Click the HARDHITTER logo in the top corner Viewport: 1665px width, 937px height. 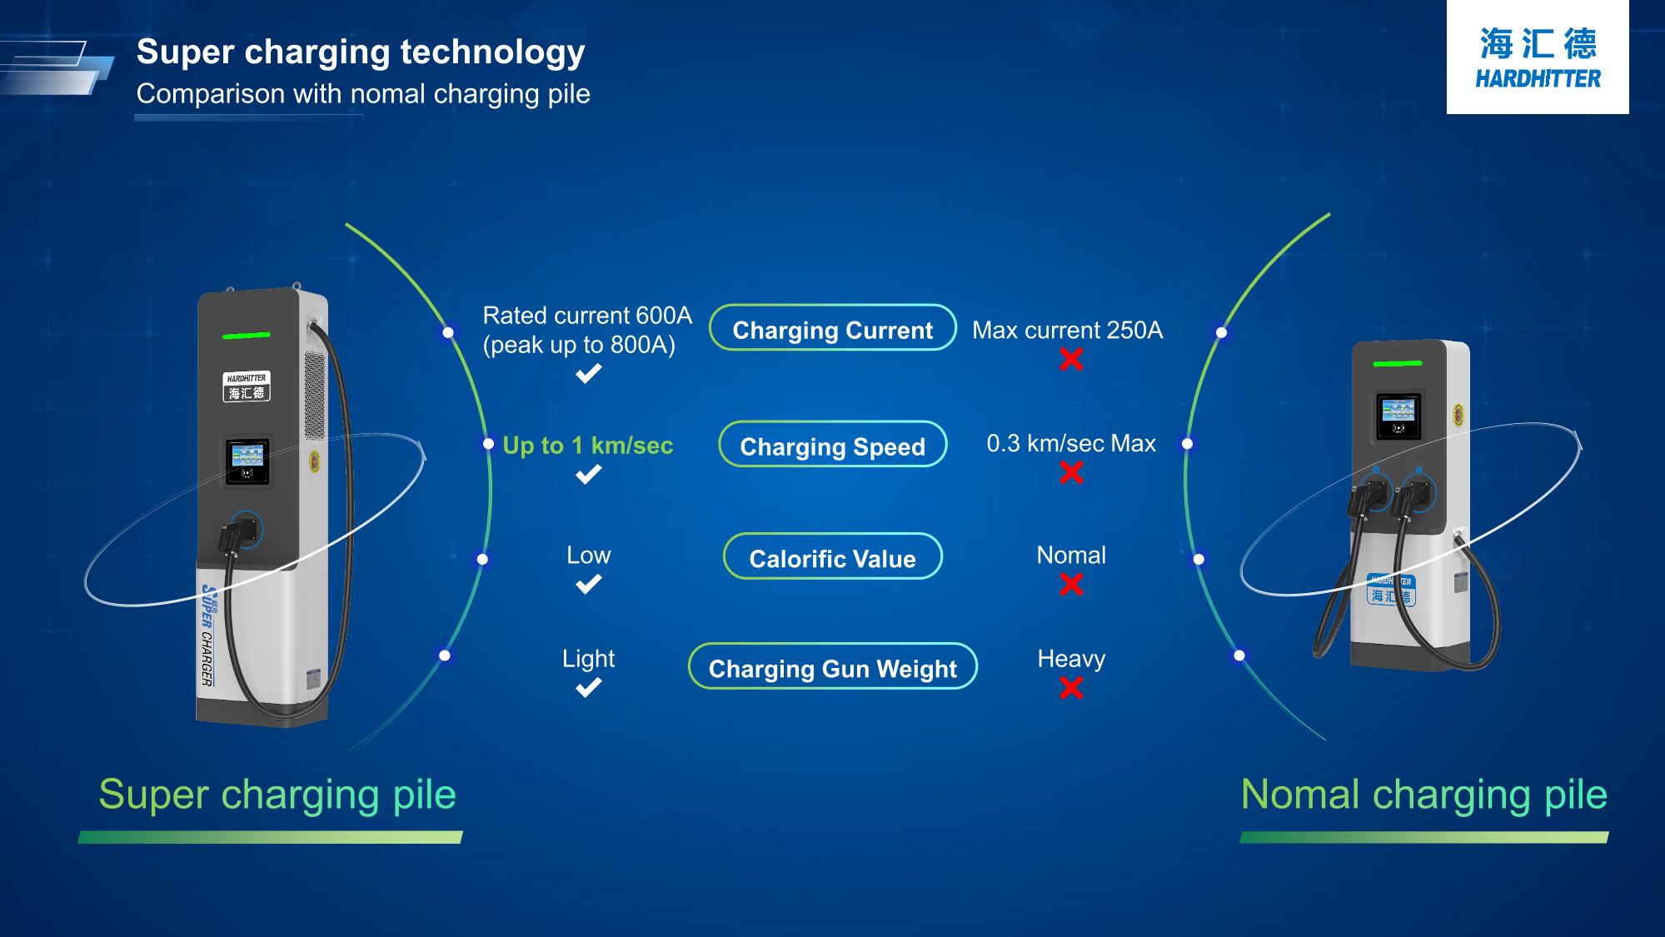pos(1538,57)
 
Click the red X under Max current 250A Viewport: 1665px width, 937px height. pos(1071,360)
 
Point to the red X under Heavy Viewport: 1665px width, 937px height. pos(1071,688)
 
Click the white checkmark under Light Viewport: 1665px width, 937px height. pos(589,688)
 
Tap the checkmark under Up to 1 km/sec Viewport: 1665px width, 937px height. pos(589,475)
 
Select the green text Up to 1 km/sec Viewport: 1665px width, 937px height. pos(588,446)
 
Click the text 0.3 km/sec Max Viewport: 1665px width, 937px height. pos(1071,443)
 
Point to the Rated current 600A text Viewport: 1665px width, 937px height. pos(587,316)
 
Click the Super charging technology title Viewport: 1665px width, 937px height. pos(361,52)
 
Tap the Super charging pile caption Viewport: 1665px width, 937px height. pos(277,794)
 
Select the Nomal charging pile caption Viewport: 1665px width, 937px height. pos(1424,794)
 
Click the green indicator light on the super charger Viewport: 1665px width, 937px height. pos(247,336)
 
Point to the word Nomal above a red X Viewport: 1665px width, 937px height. pos(1071,556)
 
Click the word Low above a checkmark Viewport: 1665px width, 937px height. pos(589,556)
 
